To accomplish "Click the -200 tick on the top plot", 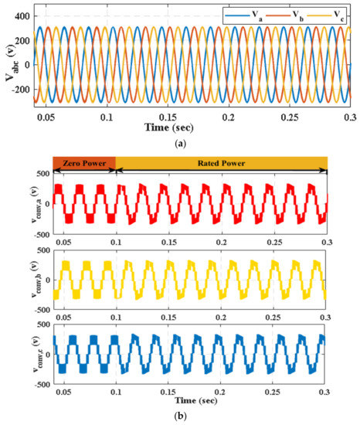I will pos(21,90).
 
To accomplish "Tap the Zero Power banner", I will pos(83,162).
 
